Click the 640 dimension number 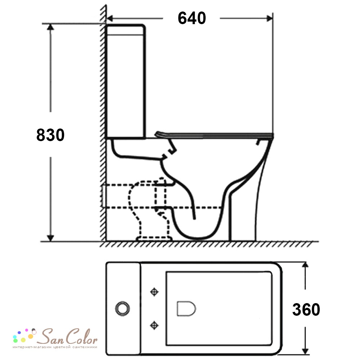[192, 18]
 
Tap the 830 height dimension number [50, 135]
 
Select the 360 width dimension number [306, 309]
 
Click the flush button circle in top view [122, 309]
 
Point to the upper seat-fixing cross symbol [154, 292]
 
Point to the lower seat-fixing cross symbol [154, 325]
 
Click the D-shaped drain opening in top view [186, 309]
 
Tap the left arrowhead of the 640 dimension [110, 18]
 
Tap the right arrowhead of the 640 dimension [270, 18]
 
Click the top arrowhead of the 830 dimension [50, 27]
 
